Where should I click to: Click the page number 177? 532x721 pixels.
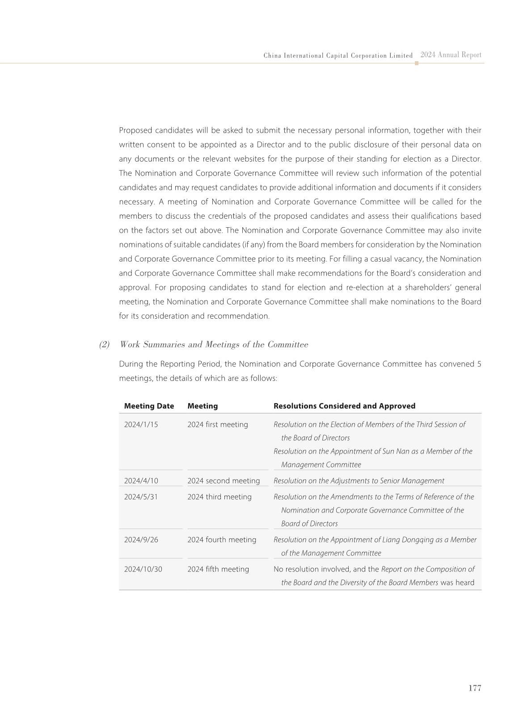point(475,688)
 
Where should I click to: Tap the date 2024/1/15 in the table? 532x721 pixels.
point(141,425)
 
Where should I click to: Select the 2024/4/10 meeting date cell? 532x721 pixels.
point(141,481)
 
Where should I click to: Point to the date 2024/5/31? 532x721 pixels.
point(141,497)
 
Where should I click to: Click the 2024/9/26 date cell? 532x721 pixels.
point(141,540)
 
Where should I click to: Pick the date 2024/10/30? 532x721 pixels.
point(143,569)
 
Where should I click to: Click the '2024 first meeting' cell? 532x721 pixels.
point(217,425)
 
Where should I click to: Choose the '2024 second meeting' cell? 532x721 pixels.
point(223,481)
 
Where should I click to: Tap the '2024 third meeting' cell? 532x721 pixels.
point(219,497)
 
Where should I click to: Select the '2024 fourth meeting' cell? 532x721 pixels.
point(221,540)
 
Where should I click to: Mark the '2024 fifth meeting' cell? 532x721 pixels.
point(218,569)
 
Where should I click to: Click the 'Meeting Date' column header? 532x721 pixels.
point(149,406)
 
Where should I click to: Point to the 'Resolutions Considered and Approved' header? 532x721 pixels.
point(344,406)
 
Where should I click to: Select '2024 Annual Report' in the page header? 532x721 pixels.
point(451,55)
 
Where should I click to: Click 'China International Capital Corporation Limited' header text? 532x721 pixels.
point(338,56)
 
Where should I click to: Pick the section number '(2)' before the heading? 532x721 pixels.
point(104,345)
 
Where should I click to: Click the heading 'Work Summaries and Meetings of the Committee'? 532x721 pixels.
point(214,345)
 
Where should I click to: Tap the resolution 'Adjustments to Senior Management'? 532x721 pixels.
point(387,481)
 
